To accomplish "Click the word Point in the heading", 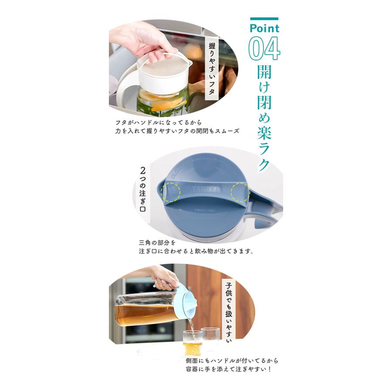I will click(264, 29).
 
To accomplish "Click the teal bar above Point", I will click(264, 19).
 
